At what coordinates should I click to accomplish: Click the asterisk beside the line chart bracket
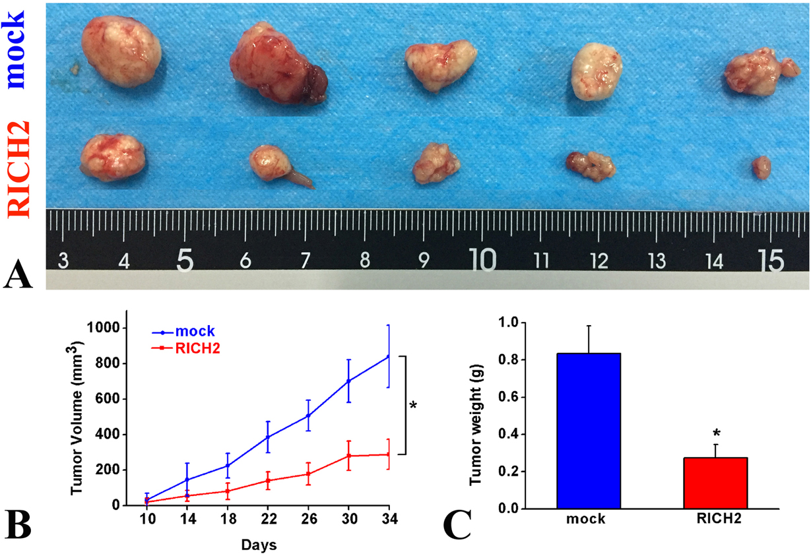click(414, 406)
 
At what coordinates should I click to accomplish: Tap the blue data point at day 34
click(388, 356)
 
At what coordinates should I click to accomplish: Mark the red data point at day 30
click(348, 456)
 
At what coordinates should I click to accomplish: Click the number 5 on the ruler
click(185, 262)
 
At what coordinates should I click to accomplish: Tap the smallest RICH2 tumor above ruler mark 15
click(762, 167)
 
